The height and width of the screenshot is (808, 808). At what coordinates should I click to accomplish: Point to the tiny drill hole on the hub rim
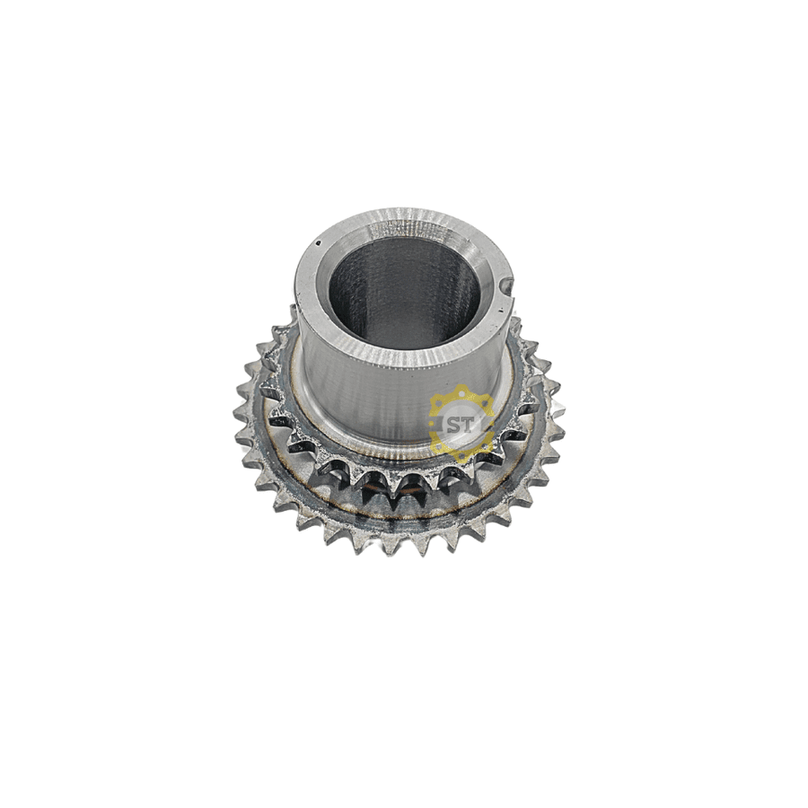(319, 242)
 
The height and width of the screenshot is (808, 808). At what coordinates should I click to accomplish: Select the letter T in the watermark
(468, 425)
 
